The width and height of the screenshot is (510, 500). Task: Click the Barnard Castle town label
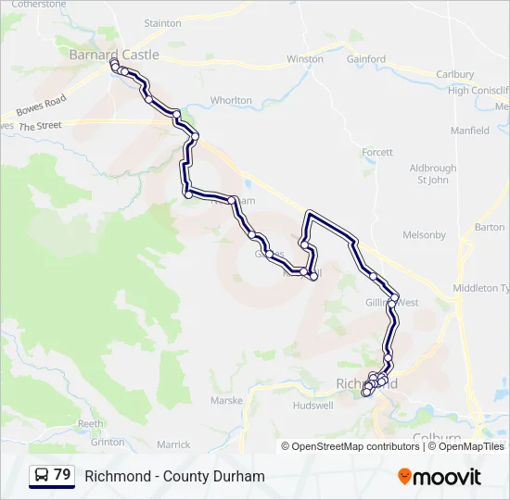[114, 55]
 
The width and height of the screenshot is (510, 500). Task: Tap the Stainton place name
[163, 22]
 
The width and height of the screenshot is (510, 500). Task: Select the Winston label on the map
[305, 59]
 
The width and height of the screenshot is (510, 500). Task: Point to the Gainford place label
[366, 59]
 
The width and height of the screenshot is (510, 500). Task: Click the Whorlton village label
[231, 100]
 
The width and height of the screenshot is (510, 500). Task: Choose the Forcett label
[377, 152]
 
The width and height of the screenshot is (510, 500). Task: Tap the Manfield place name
[470, 131]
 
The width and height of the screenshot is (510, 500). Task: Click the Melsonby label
[427, 235]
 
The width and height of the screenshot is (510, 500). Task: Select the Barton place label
[490, 227]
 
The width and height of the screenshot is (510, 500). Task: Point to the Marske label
[226, 401]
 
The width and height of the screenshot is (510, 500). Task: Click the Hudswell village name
[312, 406]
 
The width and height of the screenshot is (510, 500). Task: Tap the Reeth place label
[90, 423]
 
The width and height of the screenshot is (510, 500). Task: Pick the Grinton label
[108, 442]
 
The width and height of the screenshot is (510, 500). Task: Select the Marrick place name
[173, 444]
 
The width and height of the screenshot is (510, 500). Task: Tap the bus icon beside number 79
[42, 475]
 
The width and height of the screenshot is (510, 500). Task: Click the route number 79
[62, 475]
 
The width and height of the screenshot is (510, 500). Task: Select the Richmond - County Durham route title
[174, 476]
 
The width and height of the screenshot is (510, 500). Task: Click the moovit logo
[440, 477]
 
